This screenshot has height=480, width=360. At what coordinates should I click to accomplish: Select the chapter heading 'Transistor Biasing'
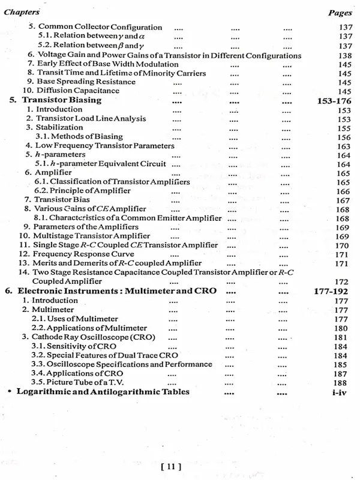click(61, 100)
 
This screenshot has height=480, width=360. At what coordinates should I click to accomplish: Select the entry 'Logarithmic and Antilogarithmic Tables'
click(103, 392)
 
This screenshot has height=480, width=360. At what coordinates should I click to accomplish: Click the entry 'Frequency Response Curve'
click(83, 254)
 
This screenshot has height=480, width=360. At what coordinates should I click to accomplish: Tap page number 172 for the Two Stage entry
click(341, 281)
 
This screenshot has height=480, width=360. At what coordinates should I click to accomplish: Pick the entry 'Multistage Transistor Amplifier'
click(91, 236)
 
